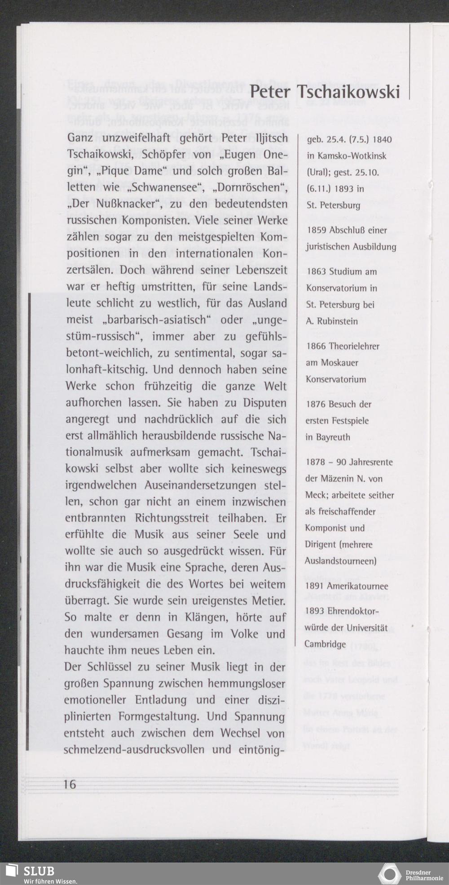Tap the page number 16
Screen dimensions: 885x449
click(70, 784)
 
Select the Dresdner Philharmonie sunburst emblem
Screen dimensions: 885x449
click(389, 874)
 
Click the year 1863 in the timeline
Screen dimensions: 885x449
click(316, 271)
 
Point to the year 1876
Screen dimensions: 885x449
click(316, 404)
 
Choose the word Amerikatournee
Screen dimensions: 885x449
click(357, 586)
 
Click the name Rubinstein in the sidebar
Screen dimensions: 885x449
click(338, 321)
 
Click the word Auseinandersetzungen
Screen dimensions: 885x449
click(194, 485)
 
